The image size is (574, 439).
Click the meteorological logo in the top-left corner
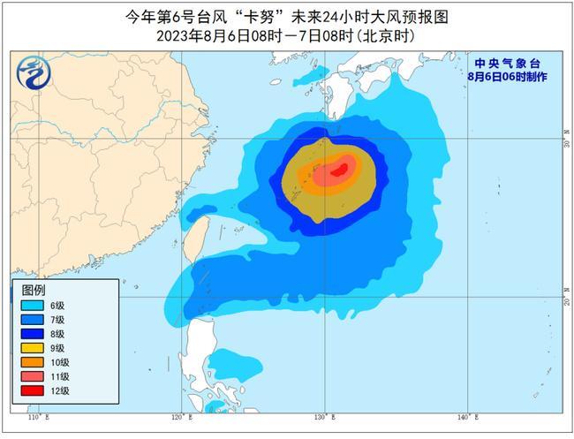coord(33,72)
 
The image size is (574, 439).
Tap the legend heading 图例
coord(34,290)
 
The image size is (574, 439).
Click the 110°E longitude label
coord(36,416)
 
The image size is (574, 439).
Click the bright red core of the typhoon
coord(336,171)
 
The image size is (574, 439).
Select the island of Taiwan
coord(200,243)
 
